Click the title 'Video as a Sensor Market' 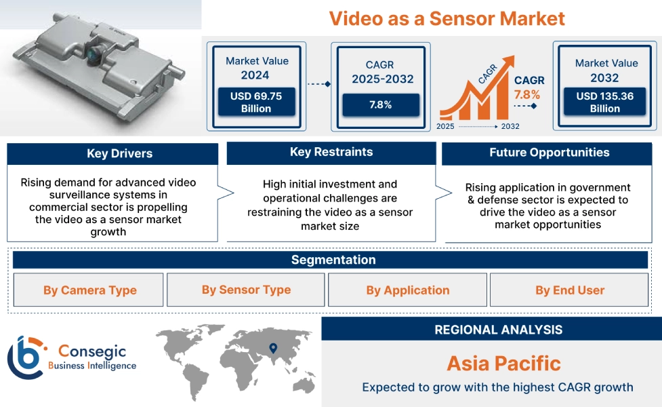click(447, 18)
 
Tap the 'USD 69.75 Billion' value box click(255, 102)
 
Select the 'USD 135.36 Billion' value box click(605, 102)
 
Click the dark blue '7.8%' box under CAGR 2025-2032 click(380, 105)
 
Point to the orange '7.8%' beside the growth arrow click(526, 95)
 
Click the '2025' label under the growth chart click(446, 126)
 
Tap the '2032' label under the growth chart click(510, 126)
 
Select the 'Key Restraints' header click(331, 153)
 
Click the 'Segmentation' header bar click(333, 260)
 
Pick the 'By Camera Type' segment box click(89, 290)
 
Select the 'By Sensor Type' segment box click(246, 290)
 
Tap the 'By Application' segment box click(407, 290)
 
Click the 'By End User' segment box click(569, 290)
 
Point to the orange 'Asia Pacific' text click(503, 364)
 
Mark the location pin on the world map click(273, 349)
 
